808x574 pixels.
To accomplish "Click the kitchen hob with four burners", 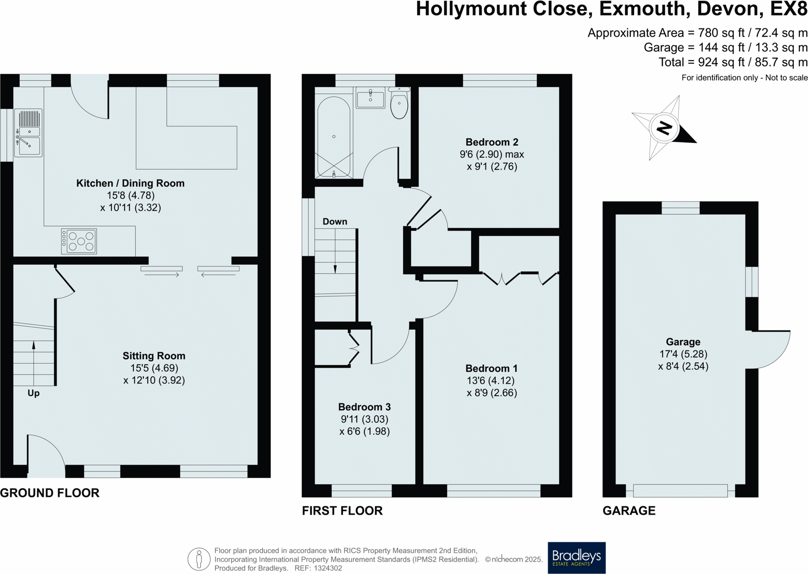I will pos(79,241).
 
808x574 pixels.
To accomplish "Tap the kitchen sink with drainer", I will pos(28,133).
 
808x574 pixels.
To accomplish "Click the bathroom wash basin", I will pos(370,98).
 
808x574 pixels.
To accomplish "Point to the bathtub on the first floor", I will pos(334,137).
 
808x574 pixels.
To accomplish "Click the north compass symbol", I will pos(664,128).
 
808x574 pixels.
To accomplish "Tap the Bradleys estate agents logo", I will pos(576,557).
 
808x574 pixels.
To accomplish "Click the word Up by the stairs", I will pos(34,393).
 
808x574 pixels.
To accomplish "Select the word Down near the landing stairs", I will pos(335,221).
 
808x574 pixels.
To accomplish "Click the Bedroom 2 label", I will pos(492,142).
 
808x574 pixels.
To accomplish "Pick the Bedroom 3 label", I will pos(364,407).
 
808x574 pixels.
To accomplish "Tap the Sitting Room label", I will pos(154,356).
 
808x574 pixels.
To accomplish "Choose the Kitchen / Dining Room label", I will pos(130,183).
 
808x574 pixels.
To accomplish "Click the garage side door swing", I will pos(772,348).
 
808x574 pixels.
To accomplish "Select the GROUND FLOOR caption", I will pos(50,493).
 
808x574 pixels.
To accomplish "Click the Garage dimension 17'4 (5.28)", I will pos(683,354).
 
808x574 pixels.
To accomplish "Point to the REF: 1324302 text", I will pos(318,568).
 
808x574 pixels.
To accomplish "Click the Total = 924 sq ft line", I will pos(733,62).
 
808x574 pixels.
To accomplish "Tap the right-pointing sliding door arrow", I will pos(162,275).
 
